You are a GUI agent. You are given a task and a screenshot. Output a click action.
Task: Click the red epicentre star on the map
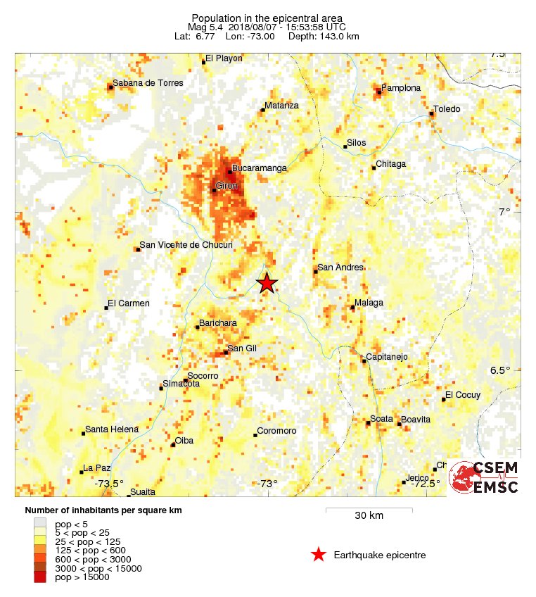[267, 283]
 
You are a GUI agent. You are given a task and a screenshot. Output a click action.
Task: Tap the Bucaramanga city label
[260, 168]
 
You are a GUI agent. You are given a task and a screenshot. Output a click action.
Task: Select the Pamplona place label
[401, 88]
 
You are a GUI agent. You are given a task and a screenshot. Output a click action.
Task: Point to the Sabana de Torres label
[148, 83]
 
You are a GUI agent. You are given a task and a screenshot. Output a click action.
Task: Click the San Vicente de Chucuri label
[186, 245]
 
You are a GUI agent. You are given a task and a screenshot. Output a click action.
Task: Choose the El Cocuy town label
[464, 395]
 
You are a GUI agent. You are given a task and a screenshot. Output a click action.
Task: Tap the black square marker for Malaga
[352, 307]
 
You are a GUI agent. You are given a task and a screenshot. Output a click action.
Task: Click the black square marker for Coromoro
[256, 434]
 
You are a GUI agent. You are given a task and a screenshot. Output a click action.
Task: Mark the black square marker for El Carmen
[106, 308]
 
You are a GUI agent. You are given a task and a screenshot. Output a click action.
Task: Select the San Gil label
[241, 348]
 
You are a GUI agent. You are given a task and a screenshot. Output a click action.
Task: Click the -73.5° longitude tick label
[110, 484]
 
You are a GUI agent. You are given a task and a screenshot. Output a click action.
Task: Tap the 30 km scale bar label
[369, 515]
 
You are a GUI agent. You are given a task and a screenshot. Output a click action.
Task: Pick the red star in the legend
[319, 555]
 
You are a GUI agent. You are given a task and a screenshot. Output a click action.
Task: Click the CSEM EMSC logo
[485, 477]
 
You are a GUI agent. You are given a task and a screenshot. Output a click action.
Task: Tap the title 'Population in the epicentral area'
[267, 18]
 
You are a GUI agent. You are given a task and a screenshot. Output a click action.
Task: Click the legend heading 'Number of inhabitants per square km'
[103, 510]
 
